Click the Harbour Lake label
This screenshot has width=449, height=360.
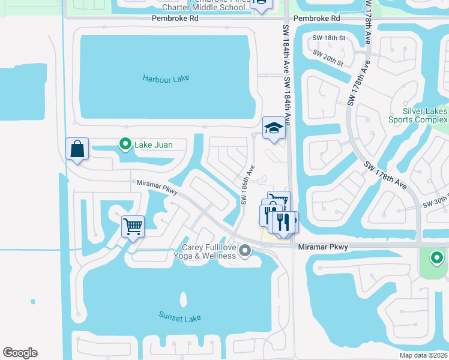165,79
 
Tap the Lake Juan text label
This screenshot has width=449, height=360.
152,144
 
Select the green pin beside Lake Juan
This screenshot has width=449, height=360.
125,144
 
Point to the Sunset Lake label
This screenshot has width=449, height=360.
180,317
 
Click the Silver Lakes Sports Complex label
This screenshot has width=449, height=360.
425,115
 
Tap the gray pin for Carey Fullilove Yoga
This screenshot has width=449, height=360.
244,251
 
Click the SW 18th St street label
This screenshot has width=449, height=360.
329,38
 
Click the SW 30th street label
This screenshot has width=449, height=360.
435,203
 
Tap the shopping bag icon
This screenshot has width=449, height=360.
77,149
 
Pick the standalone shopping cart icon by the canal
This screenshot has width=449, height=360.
133,227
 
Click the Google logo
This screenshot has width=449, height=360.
20,353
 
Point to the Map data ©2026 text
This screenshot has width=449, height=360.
423,355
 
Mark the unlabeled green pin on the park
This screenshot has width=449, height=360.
436,259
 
